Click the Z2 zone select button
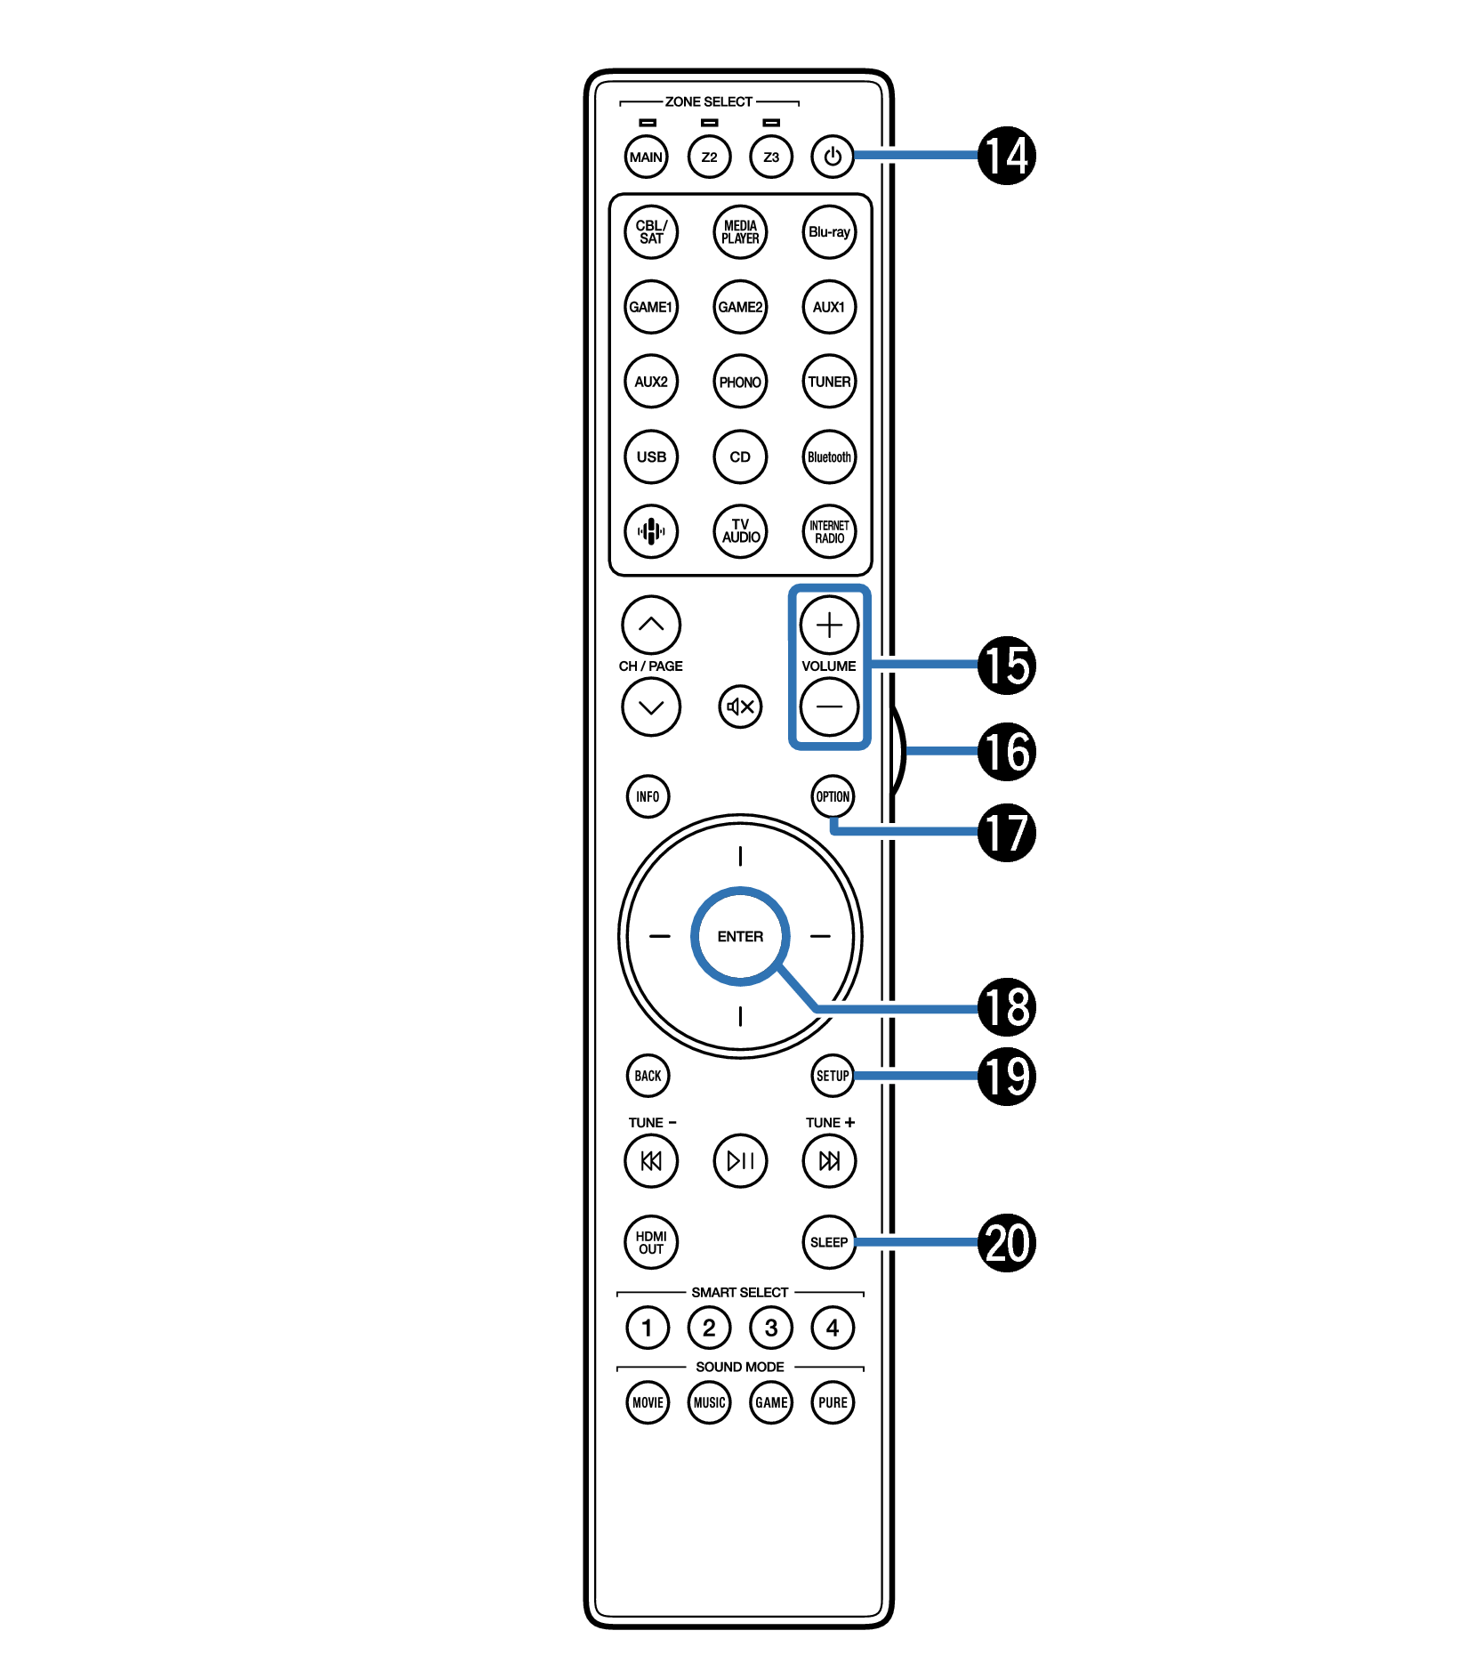point(709,157)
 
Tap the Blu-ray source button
point(828,232)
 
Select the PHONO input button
point(739,382)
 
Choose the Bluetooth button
point(828,456)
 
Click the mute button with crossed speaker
point(739,706)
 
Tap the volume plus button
point(828,625)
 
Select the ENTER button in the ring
point(739,936)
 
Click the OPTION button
point(833,796)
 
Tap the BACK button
point(648,1076)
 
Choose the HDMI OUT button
point(650,1242)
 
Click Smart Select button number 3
point(770,1328)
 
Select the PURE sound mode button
point(833,1402)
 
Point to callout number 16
point(1006,751)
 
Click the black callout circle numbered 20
point(1006,1242)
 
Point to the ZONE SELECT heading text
point(708,101)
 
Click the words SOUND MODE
point(739,1367)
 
